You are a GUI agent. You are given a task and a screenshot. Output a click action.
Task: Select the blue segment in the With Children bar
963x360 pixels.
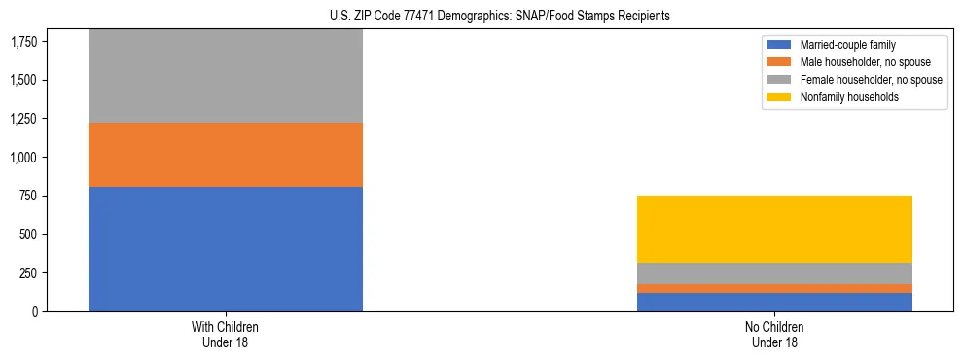pyautogui.click(x=226, y=249)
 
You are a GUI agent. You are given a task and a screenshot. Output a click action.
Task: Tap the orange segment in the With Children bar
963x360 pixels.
pyautogui.click(x=226, y=155)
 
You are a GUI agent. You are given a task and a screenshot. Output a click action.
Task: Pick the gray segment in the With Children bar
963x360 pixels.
pyautogui.click(x=226, y=76)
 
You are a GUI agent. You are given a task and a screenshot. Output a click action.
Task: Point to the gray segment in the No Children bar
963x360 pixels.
pyautogui.click(x=775, y=273)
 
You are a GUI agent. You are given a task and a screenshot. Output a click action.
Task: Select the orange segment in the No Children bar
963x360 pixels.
pyautogui.click(x=775, y=288)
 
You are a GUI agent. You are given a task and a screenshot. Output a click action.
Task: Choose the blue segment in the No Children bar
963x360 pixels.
pyautogui.click(x=775, y=302)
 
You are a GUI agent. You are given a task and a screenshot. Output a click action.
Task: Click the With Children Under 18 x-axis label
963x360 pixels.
pyautogui.click(x=226, y=334)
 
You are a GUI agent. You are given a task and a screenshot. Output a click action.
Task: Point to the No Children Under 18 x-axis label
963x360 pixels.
pyautogui.click(x=775, y=334)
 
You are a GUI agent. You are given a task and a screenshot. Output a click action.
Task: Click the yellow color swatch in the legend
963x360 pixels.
pyautogui.click(x=779, y=97)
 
